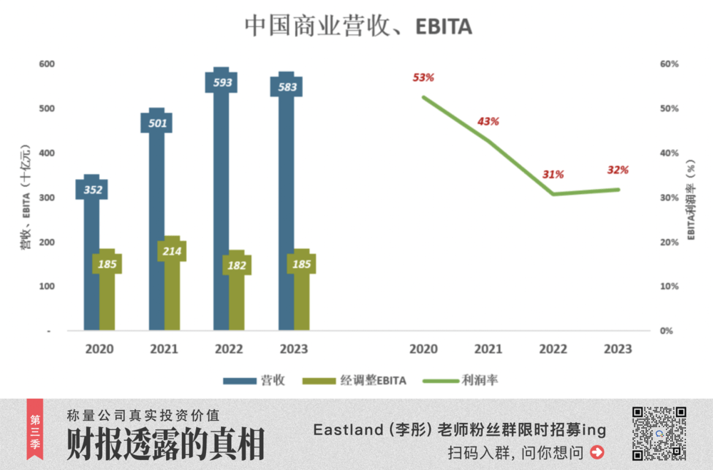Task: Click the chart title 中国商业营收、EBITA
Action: coord(358,26)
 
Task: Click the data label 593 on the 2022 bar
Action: coord(222,83)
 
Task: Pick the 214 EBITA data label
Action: coord(172,251)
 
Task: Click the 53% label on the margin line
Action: coord(423,77)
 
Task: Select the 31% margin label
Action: coord(553,174)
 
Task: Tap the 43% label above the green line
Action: coord(488,121)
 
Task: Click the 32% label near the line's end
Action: coord(617,170)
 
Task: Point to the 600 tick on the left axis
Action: coord(47,64)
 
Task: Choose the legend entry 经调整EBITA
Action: coord(354,381)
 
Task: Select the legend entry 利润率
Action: coord(460,381)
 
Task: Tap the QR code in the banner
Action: coord(659,433)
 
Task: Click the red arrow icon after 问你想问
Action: coord(597,451)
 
